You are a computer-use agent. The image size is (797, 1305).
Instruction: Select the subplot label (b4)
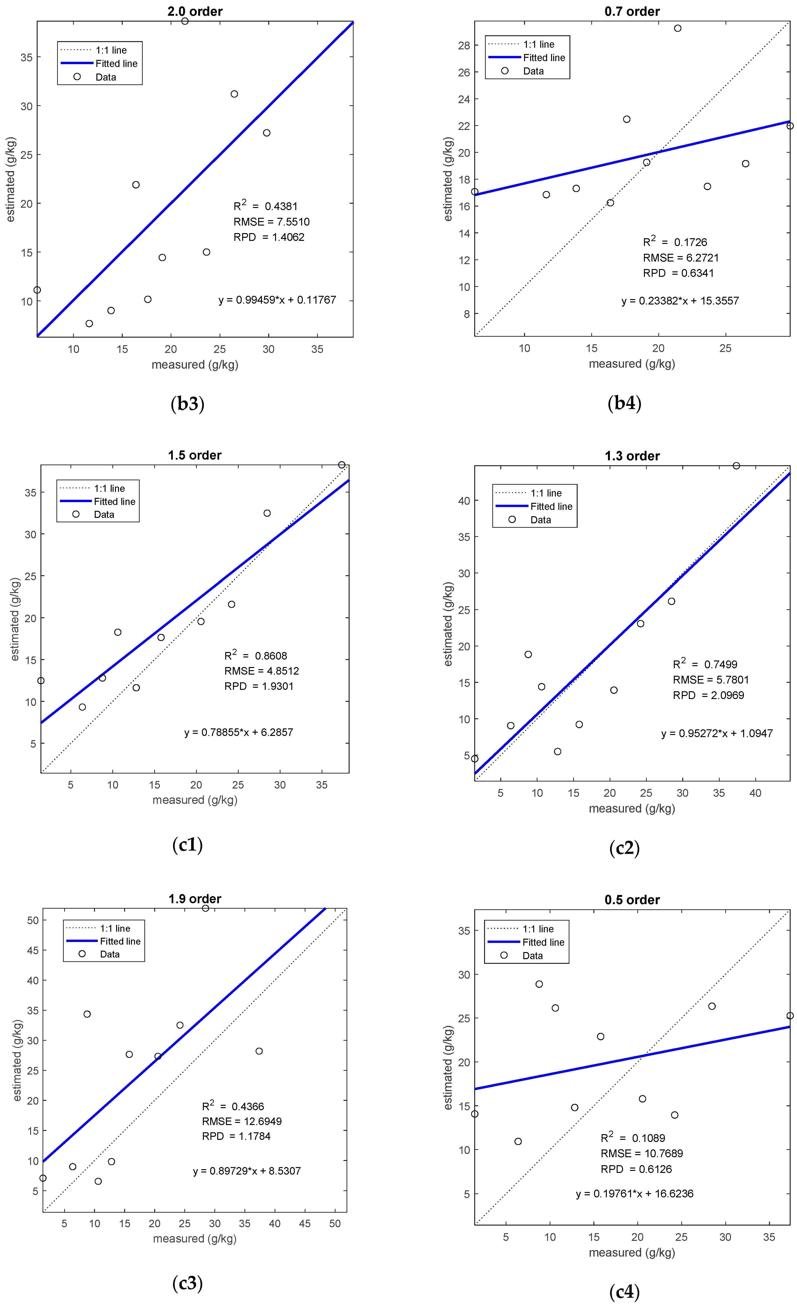pyautogui.click(x=624, y=404)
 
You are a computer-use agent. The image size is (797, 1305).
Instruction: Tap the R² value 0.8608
pyautogui.click(x=271, y=656)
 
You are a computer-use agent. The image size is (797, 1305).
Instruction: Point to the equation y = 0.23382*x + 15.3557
pyautogui.click(x=680, y=301)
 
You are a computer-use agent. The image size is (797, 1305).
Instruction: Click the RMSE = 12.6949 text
pyautogui.click(x=242, y=1121)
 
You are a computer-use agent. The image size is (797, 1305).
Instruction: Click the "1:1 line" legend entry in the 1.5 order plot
pyautogui.click(x=109, y=488)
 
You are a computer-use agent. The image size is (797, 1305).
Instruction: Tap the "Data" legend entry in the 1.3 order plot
pyautogui.click(x=541, y=520)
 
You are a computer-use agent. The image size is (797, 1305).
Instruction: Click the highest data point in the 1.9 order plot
pyautogui.click(x=206, y=908)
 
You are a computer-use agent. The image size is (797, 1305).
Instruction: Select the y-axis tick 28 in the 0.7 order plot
pyautogui.click(x=464, y=45)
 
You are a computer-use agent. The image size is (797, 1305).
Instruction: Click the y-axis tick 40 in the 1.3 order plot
pyautogui.click(x=464, y=500)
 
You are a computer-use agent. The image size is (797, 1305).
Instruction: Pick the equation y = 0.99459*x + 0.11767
pyautogui.click(x=277, y=300)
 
